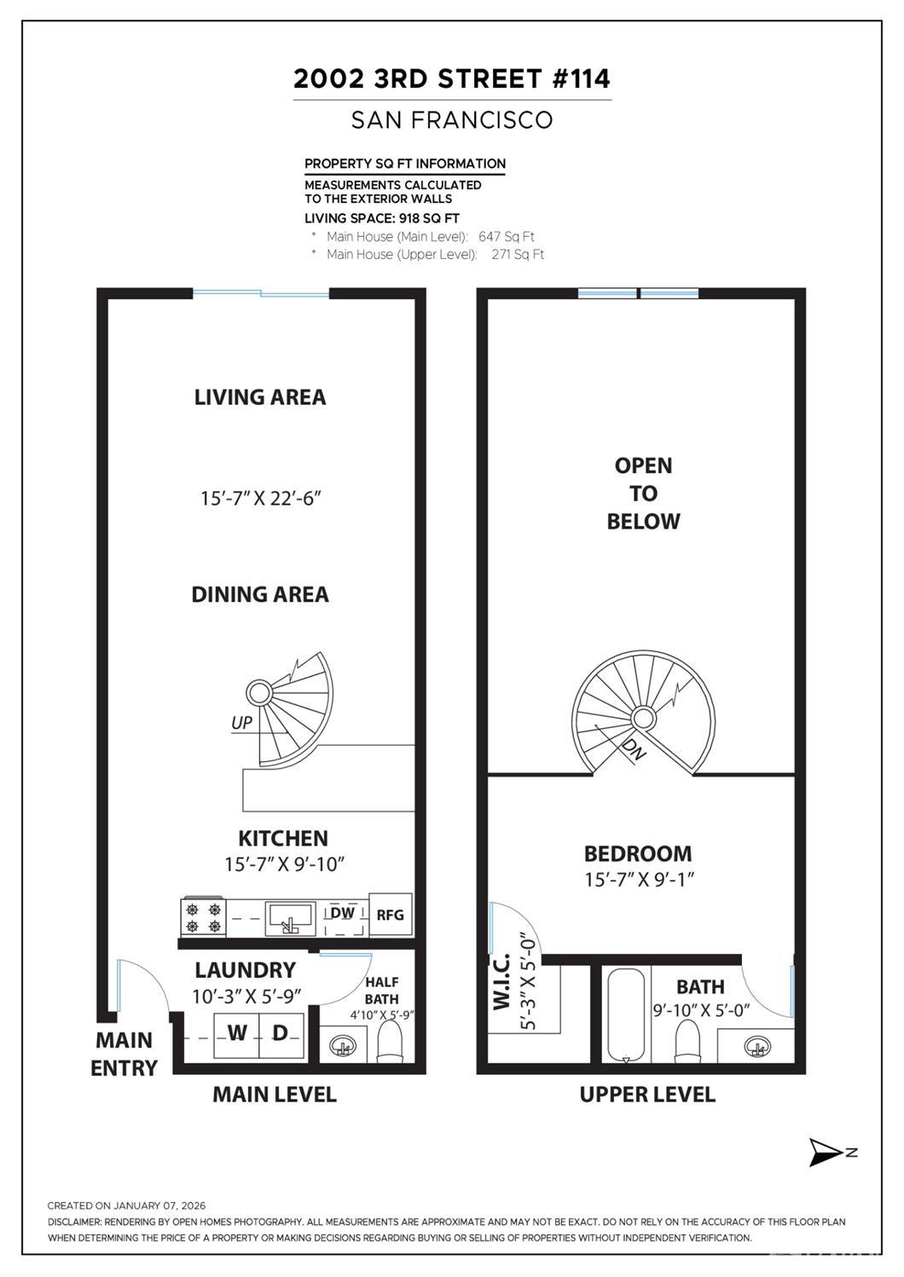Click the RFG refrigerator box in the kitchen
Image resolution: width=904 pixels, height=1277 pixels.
click(390, 915)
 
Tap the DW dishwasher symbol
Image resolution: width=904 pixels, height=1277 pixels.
click(342, 914)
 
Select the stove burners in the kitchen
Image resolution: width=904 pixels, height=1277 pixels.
click(203, 916)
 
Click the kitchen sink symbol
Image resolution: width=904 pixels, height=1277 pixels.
click(289, 918)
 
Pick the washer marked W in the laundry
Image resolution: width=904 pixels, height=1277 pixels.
click(236, 1034)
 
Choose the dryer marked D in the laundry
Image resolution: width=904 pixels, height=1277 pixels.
click(281, 1034)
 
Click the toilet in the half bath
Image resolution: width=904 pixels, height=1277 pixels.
click(389, 1040)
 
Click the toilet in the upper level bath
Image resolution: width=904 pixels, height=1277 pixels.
click(687, 1041)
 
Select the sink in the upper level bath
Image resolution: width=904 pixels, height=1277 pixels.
click(755, 1046)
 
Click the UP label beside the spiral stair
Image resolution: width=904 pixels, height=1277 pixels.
click(242, 723)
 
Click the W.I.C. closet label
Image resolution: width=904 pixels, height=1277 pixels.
click(501, 982)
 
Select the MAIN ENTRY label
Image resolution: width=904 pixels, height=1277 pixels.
click(125, 1054)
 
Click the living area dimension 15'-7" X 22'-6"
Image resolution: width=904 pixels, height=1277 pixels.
click(260, 499)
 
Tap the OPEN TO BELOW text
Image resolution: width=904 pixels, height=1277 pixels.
click(643, 494)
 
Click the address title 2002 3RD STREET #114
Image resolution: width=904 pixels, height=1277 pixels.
click(452, 79)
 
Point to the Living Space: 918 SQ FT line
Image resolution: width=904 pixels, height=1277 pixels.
click(382, 218)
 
